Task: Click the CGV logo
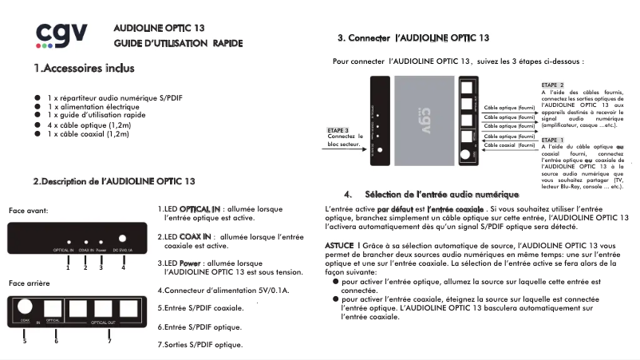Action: click(61, 35)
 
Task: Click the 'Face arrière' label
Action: click(30, 283)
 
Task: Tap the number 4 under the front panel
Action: click(123, 267)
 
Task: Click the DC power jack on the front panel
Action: click(123, 238)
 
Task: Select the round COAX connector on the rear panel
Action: click(25, 307)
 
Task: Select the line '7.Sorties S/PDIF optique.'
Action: click(200, 345)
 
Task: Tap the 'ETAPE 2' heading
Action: click(552, 85)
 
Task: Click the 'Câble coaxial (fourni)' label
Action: click(510, 146)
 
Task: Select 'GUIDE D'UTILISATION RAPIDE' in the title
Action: click(178, 42)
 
